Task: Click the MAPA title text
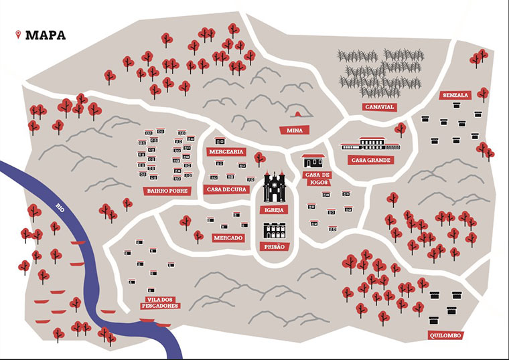coord(46,35)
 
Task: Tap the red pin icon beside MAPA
coord(18,34)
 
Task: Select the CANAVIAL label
coord(380,106)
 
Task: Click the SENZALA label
coord(455,96)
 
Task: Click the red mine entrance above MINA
coord(293,112)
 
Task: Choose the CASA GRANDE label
coord(370,160)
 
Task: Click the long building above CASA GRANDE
coord(370,144)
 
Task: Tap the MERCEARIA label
coord(225,152)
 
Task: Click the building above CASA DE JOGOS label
coord(313,161)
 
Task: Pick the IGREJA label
coord(275,209)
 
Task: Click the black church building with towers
coord(275,187)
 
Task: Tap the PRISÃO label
coord(275,247)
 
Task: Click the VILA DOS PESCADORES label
coord(160,302)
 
